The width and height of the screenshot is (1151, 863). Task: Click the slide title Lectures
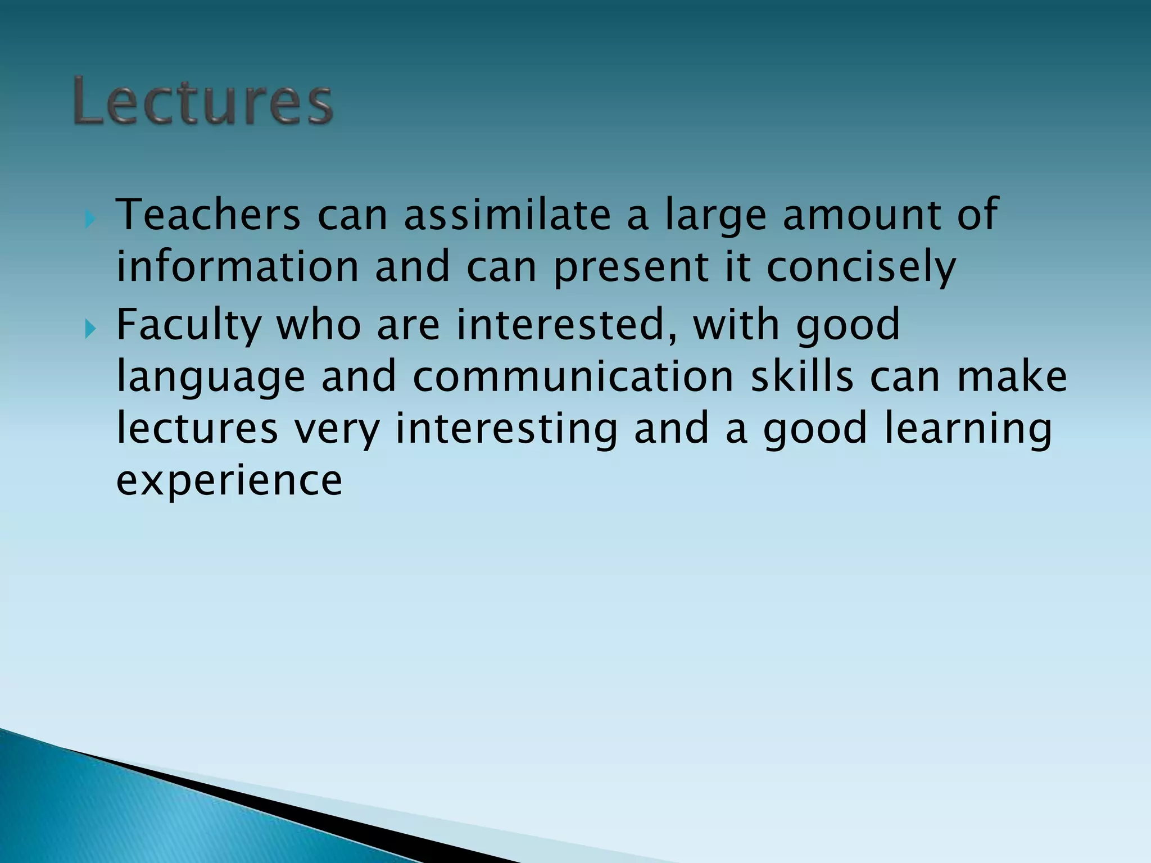(203, 102)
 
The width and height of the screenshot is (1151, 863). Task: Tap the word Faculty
(189, 325)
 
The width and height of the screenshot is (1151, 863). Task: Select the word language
(211, 378)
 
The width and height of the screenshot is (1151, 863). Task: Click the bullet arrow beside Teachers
(90, 219)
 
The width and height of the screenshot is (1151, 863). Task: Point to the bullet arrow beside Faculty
(90, 329)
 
